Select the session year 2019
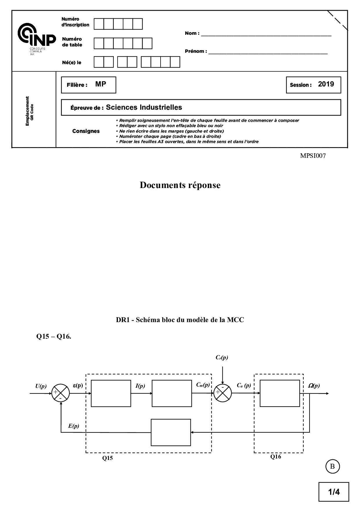click(326, 84)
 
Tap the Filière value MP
click(101, 84)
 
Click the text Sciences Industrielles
click(144, 107)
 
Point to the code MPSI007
click(313, 156)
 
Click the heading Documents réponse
click(180, 185)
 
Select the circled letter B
click(332, 466)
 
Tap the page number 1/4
click(334, 492)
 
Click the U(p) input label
click(41, 386)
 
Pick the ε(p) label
click(78, 385)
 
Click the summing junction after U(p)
click(61, 394)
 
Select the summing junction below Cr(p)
click(223, 393)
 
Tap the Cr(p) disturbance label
click(222, 358)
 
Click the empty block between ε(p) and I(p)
click(111, 394)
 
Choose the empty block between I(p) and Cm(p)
click(172, 394)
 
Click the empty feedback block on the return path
click(171, 432)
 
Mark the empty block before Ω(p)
click(280, 393)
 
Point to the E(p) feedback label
click(73, 426)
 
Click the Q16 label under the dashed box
click(276, 456)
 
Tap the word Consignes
click(86, 131)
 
